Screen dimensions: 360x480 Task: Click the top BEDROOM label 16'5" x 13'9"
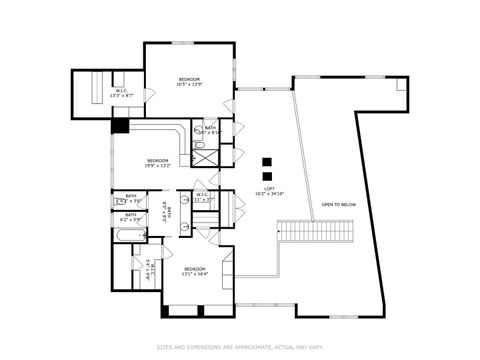pyautogui.click(x=189, y=82)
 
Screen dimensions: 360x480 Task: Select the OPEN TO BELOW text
pyautogui.click(x=338, y=204)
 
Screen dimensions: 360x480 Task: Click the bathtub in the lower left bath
pyautogui.click(x=131, y=236)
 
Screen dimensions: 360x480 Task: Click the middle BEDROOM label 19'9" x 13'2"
pyautogui.click(x=158, y=163)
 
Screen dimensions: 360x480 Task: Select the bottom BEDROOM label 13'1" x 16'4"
pyautogui.click(x=194, y=271)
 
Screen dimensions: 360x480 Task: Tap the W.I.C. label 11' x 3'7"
pyautogui.click(x=203, y=197)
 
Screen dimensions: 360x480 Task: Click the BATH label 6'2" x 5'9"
pyautogui.click(x=131, y=216)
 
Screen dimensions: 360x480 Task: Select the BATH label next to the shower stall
pyautogui.click(x=210, y=129)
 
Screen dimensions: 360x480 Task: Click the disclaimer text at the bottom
pyautogui.click(x=240, y=348)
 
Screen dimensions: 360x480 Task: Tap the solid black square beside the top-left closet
pyautogui.click(x=120, y=126)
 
